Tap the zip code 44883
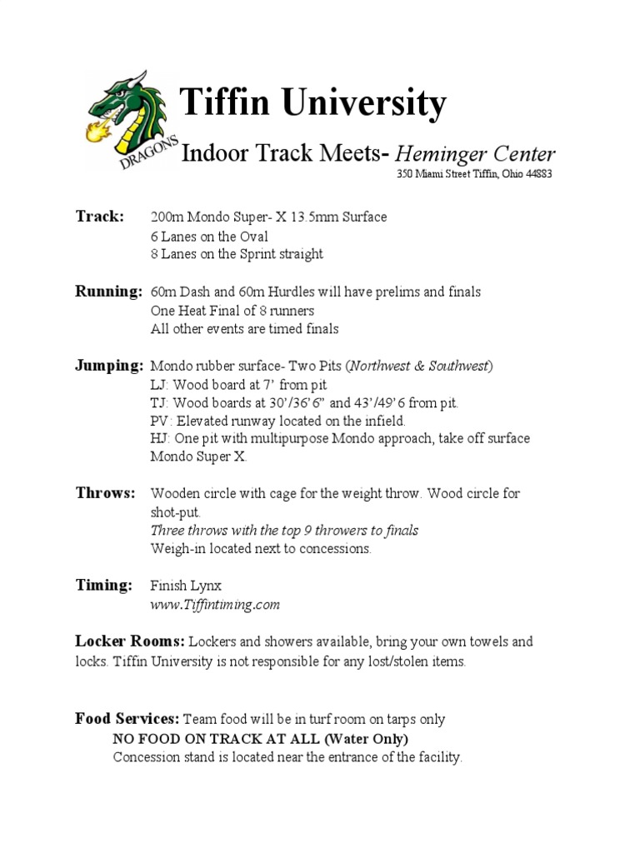click(535, 174)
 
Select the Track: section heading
click(100, 217)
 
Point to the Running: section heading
click(109, 292)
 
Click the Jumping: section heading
click(109, 366)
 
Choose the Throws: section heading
click(105, 493)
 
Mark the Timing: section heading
click(104, 586)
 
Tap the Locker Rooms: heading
click(129, 642)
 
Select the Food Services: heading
click(127, 718)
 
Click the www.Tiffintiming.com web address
click(215, 606)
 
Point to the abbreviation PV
click(159, 422)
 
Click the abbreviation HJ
click(159, 439)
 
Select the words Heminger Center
click(475, 154)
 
